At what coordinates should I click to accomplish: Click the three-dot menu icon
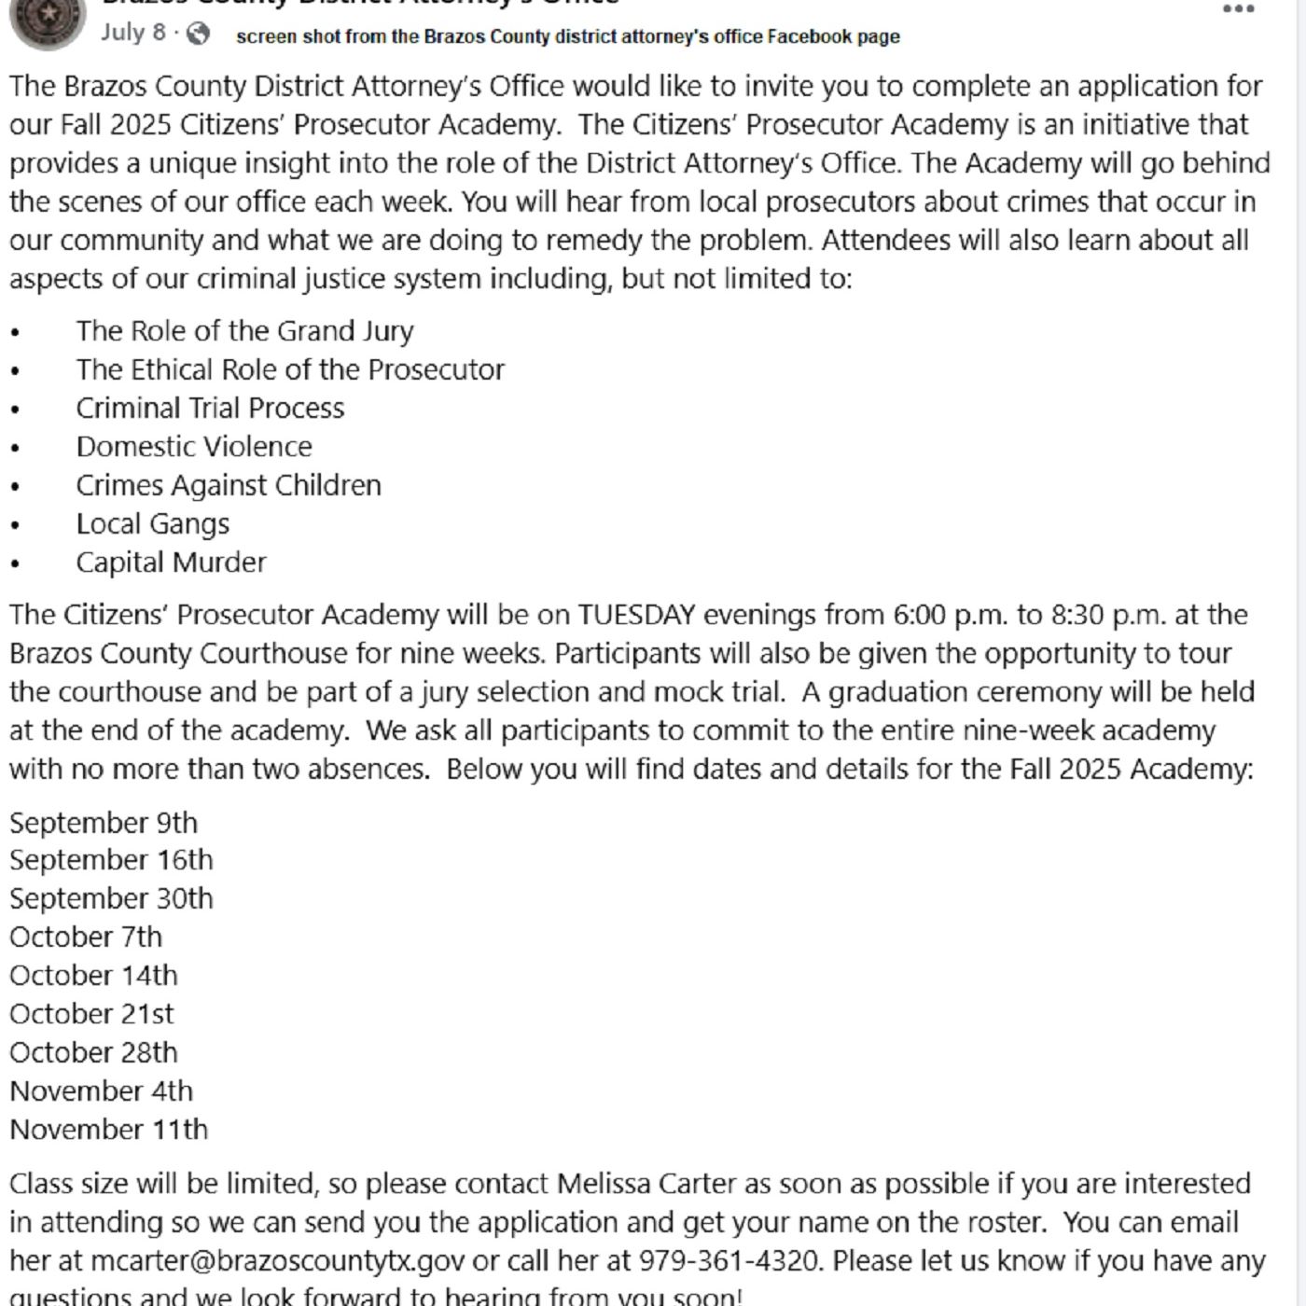click(x=1238, y=9)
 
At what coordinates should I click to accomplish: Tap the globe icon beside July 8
click(x=198, y=34)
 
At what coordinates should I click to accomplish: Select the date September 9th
click(x=104, y=823)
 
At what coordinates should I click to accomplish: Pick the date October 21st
click(x=91, y=1014)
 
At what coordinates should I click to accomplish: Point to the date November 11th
click(x=108, y=1130)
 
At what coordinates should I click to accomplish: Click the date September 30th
click(x=111, y=898)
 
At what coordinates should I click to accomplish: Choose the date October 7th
click(x=86, y=937)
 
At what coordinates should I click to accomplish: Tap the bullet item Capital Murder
click(x=171, y=563)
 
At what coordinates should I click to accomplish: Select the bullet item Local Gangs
click(x=152, y=523)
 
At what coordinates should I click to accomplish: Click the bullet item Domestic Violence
click(x=194, y=447)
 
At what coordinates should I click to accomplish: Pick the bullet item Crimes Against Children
click(x=229, y=485)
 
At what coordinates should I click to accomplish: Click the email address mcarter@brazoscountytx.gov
click(x=277, y=1261)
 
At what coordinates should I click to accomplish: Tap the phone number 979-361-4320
click(x=729, y=1261)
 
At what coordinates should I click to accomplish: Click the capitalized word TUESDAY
click(x=637, y=615)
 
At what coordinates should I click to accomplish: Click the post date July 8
click(x=133, y=33)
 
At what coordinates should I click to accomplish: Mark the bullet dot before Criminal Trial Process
click(x=15, y=410)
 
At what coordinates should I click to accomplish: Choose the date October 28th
click(x=93, y=1052)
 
